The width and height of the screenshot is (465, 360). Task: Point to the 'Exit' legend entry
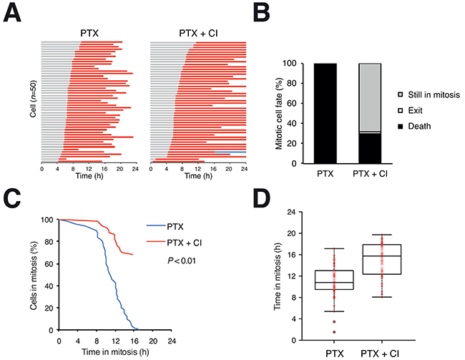click(421, 110)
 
